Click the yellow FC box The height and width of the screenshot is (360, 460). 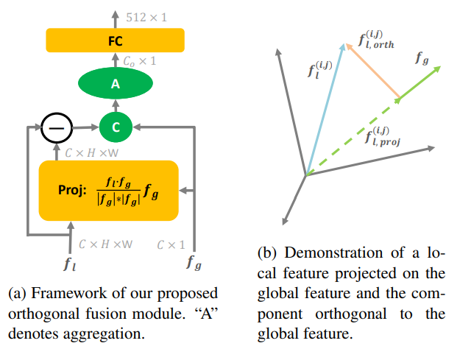(x=115, y=40)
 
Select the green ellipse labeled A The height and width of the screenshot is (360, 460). (x=115, y=85)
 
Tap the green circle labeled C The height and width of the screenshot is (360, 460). (x=115, y=127)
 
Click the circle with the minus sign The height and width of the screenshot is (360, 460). (x=56, y=127)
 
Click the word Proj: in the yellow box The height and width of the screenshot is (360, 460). (x=74, y=190)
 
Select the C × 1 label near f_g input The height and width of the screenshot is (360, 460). (x=170, y=244)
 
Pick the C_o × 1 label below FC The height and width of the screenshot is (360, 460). (x=140, y=61)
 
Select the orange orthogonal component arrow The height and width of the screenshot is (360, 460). (x=372, y=71)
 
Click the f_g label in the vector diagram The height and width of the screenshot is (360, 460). (x=422, y=57)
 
